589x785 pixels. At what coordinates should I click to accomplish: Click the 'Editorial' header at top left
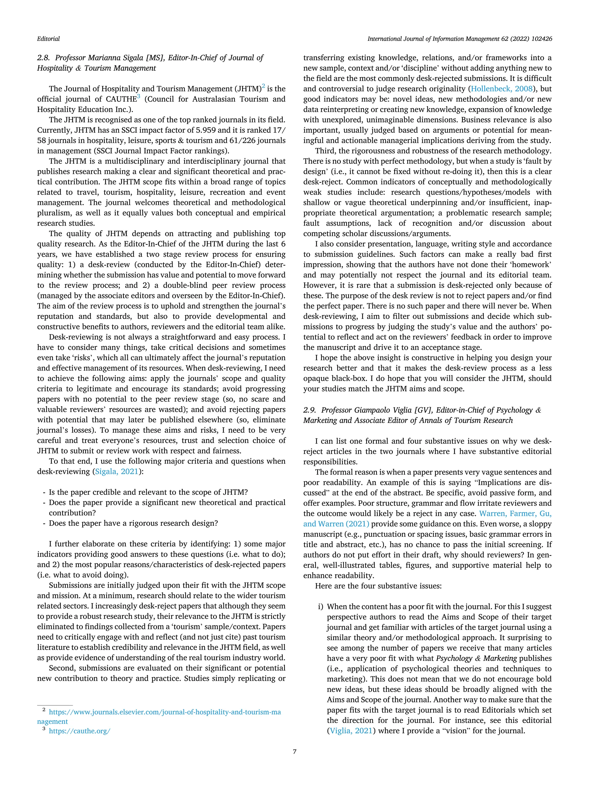[x=48, y=39]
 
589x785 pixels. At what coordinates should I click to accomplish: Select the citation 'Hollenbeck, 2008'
[x=502, y=89]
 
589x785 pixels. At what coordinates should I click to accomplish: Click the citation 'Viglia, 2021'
[x=351, y=731]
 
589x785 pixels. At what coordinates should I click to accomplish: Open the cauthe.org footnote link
[x=80, y=731]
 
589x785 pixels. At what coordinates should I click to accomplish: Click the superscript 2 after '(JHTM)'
[x=263, y=86]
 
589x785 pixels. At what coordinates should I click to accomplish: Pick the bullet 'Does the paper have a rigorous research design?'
[x=133, y=523]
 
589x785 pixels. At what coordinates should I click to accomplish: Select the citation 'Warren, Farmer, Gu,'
[x=515, y=514]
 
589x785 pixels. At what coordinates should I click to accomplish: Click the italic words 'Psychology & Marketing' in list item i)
[x=476, y=658]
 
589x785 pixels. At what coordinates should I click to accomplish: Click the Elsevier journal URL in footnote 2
[x=165, y=712]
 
